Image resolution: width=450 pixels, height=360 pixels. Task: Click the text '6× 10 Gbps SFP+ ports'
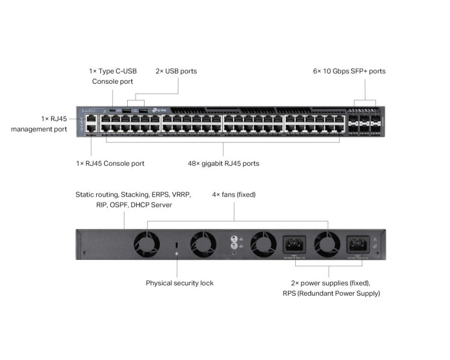349,71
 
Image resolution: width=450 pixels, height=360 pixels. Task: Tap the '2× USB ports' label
176,71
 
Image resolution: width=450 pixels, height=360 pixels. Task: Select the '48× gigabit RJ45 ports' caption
223,164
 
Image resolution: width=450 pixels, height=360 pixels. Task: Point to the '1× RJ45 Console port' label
110,164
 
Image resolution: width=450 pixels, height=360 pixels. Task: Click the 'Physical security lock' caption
179,283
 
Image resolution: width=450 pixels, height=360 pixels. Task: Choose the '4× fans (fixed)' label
233,195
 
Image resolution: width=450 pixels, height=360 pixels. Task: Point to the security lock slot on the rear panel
177,246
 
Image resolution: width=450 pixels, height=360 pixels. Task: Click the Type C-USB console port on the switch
112,110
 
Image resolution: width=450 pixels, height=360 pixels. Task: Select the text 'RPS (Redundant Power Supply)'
331,293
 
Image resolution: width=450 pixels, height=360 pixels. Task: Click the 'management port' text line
39,129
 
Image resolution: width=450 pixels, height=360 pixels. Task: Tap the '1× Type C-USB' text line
112,71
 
